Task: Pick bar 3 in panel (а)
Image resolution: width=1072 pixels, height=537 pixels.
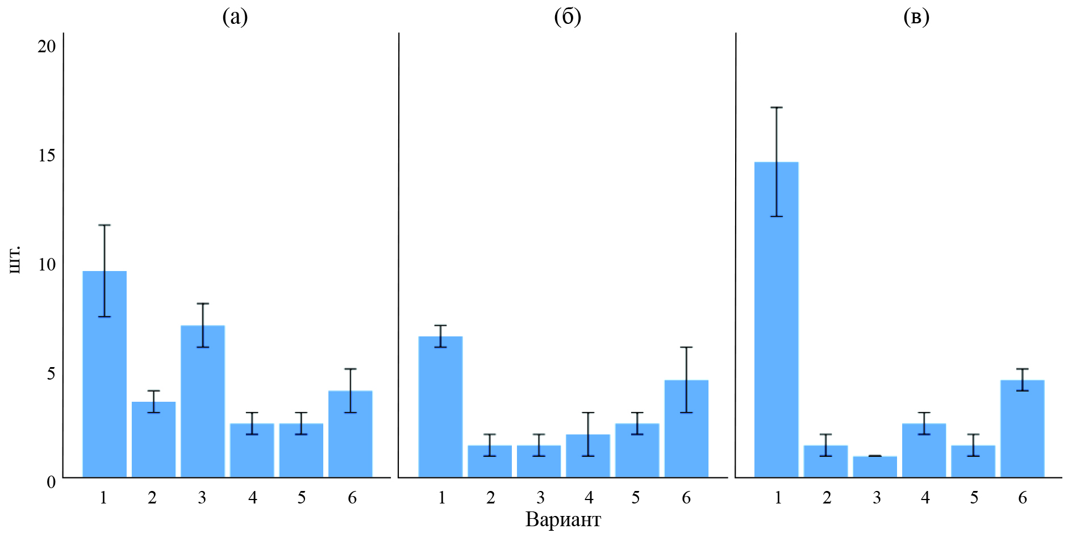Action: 203,401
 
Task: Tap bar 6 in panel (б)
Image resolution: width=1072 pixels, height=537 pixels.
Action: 686,428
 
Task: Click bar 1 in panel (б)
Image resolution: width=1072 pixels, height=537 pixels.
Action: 440,407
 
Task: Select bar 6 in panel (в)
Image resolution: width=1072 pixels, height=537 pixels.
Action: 1022,428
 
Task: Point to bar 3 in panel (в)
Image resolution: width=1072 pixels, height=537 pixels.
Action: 875,467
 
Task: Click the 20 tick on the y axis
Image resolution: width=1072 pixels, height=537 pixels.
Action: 47,47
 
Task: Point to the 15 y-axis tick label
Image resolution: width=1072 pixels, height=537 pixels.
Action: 47,156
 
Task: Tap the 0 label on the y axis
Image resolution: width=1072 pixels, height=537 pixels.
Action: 51,482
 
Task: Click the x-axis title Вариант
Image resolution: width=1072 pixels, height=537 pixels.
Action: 563,519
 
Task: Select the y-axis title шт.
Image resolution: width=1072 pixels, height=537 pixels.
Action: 15,259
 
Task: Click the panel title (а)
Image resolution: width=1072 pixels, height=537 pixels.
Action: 235,18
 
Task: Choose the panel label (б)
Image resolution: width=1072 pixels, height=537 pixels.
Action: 567,18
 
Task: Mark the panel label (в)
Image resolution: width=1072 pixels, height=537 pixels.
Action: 916,18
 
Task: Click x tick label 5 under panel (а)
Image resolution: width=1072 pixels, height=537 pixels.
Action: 301,498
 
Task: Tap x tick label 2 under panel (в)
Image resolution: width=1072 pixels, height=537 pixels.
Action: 827,498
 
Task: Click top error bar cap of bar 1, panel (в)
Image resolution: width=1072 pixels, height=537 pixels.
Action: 776,107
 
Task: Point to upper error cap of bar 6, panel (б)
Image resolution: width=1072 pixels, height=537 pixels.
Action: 686,347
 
